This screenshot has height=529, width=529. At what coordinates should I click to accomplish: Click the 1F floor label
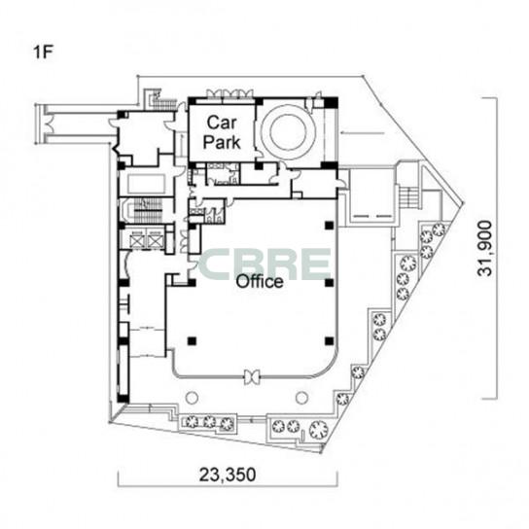point(44,53)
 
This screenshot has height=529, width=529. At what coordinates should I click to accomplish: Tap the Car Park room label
point(222,132)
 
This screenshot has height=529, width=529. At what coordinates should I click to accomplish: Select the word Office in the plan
point(260,281)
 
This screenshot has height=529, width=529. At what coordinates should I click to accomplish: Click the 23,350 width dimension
point(228,475)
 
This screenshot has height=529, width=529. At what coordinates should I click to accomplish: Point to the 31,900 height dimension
point(485,248)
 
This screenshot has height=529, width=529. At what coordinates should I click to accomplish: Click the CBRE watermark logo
point(265,264)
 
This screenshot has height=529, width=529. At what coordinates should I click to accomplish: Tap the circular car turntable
point(288,132)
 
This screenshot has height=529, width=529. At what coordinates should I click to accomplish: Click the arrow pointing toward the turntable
point(363,132)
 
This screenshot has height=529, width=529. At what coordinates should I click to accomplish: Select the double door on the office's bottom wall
point(252,376)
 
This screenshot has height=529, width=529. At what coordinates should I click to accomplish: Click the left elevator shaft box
point(138,240)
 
